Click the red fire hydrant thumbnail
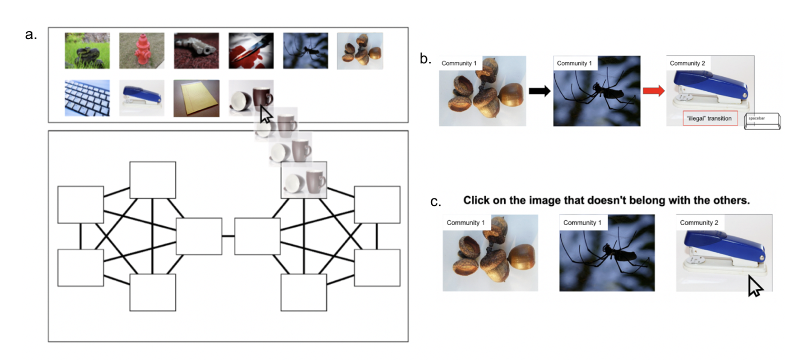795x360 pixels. tap(142, 51)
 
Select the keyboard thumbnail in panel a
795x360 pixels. tap(87, 98)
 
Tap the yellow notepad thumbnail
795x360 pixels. tap(197, 98)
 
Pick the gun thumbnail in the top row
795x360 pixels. tap(197, 51)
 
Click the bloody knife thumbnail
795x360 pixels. tap(251, 51)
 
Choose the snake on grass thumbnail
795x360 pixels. tap(87, 51)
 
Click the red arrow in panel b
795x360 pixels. tap(654, 90)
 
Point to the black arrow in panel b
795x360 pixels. tap(540, 90)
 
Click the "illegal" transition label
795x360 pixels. tap(710, 118)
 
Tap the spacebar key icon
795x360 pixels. tap(762, 121)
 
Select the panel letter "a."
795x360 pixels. tap(31, 34)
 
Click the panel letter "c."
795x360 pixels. tap(436, 201)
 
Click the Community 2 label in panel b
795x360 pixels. tap(687, 63)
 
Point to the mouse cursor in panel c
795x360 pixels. tap(755, 286)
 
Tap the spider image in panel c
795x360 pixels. tap(607, 253)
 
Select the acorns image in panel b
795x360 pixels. tap(483, 91)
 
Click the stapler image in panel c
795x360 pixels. tap(724, 253)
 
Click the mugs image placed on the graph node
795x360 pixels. tap(304, 180)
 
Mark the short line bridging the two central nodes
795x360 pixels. tap(228, 236)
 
